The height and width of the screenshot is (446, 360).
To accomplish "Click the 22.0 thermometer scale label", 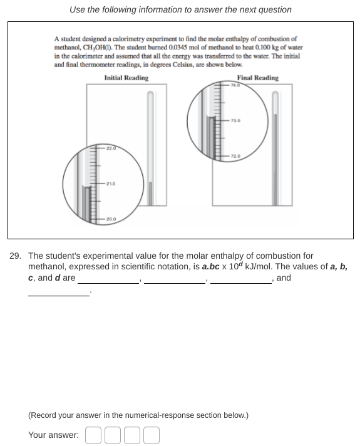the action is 111,148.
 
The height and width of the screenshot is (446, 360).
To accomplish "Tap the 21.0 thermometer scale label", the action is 111,184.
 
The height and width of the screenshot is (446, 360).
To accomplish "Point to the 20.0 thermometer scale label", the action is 111,219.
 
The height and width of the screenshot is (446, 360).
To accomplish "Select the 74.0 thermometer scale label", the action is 235,85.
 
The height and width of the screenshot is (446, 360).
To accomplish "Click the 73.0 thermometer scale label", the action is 235,121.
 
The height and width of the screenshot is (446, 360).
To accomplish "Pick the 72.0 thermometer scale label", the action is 235,156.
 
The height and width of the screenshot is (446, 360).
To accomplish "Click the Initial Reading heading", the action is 126,78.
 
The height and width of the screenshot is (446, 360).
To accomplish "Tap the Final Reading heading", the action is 257,78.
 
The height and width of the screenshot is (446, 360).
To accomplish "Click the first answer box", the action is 93,435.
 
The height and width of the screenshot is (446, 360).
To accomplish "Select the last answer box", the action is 152,435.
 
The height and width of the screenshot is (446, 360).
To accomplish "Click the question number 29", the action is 15,256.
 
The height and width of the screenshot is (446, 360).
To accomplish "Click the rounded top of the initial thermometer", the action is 150,94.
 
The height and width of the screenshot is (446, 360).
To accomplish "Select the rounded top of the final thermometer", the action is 275,94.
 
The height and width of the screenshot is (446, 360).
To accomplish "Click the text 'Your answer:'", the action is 53,435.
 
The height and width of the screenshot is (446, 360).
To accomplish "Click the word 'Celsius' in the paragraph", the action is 183,65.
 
